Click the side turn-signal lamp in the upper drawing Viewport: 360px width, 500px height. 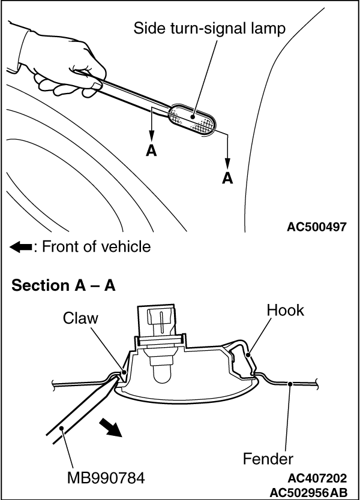[190, 119]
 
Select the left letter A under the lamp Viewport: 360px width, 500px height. [151, 150]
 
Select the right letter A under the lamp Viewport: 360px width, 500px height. [227, 177]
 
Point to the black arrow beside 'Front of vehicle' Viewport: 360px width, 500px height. [20, 246]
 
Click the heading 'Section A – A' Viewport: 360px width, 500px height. [64, 285]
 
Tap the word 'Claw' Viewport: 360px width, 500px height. [80, 318]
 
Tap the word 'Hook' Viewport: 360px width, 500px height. [286, 311]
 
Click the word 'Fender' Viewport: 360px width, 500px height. [268, 459]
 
